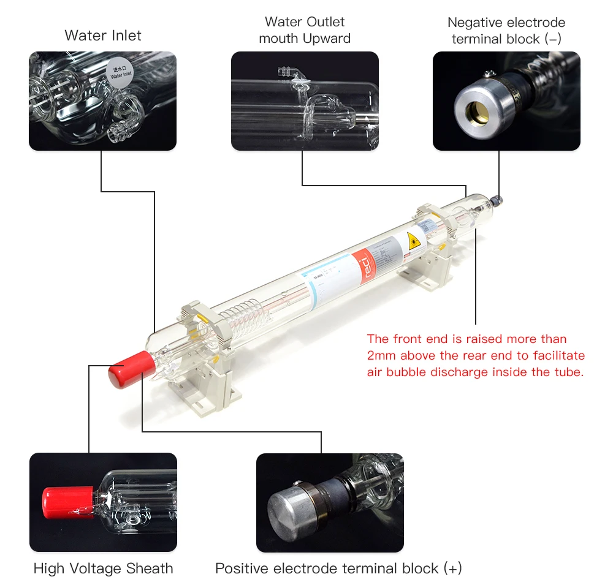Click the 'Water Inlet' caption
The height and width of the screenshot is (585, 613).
pyautogui.click(x=103, y=36)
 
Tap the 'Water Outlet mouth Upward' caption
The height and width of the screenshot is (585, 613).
pyautogui.click(x=305, y=30)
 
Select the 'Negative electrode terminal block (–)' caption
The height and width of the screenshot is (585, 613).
pyautogui.click(x=506, y=31)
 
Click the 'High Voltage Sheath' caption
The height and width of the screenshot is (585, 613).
pyautogui.click(x=103, y=568)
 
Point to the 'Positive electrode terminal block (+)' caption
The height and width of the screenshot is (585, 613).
pyautogui.click(x=338, y=568)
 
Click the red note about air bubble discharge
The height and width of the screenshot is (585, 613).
pyautogui.click(x=476, y=355)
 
